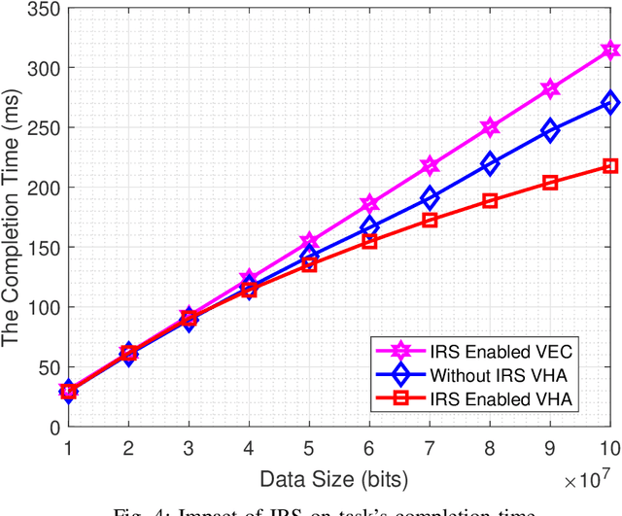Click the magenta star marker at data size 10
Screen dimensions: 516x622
click(610, 50)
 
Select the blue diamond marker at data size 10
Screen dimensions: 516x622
click(610, 102)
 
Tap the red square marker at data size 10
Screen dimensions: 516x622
click(610, 166)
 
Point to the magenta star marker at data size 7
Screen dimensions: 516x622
click(430, 166)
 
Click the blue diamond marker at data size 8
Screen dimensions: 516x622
click(490, 164)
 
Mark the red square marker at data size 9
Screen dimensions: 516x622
click(550, 183)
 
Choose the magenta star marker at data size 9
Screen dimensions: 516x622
click(550, 88)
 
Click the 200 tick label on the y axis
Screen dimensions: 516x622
click(45, 188)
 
